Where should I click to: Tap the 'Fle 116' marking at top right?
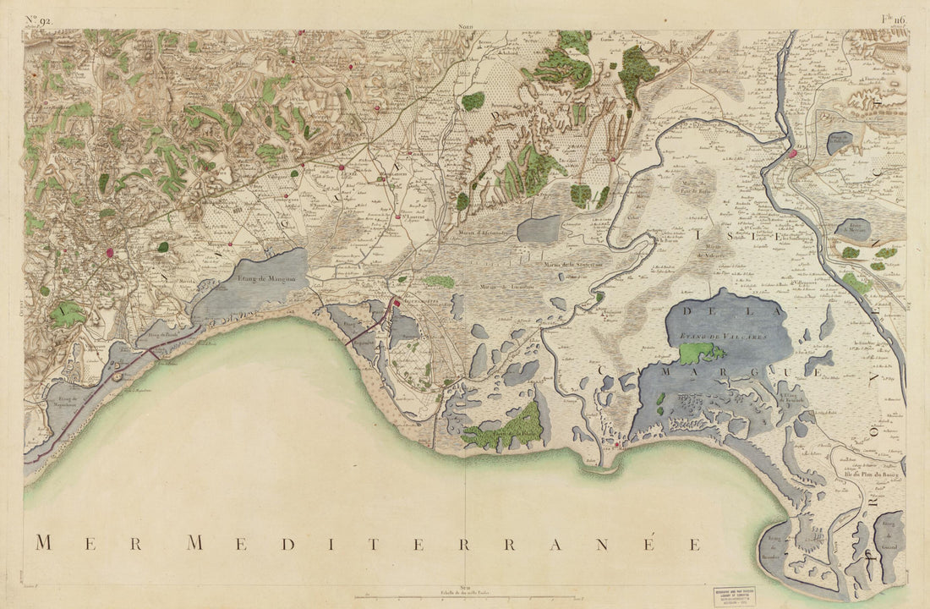tap(894, 19)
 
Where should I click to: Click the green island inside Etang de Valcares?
tap(702, 353)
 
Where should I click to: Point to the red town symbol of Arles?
tap(793, 154)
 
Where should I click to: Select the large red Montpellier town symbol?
tap(111, 251)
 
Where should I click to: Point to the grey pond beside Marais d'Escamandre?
tap(539, 229)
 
